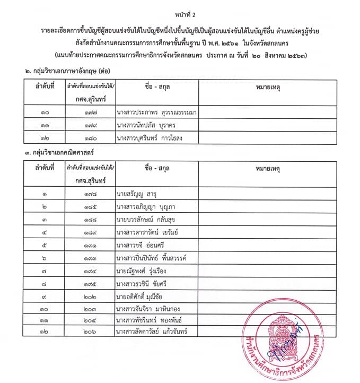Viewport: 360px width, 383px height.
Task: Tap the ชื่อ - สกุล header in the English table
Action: (156, 85)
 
